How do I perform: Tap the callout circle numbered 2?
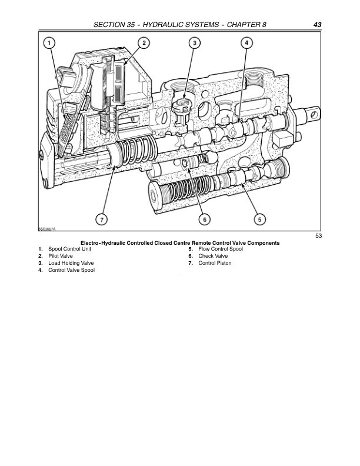click(x=144, y=42)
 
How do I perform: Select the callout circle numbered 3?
click(x=195, y=42)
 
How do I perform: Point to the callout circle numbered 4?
click(x=246, y=42)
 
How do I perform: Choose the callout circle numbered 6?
click(x=205, y=219)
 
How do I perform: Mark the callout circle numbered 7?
click(x=101, y=219)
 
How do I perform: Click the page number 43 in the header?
click(x=317, y=25)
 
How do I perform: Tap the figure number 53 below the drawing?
click(x=319, y=236)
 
